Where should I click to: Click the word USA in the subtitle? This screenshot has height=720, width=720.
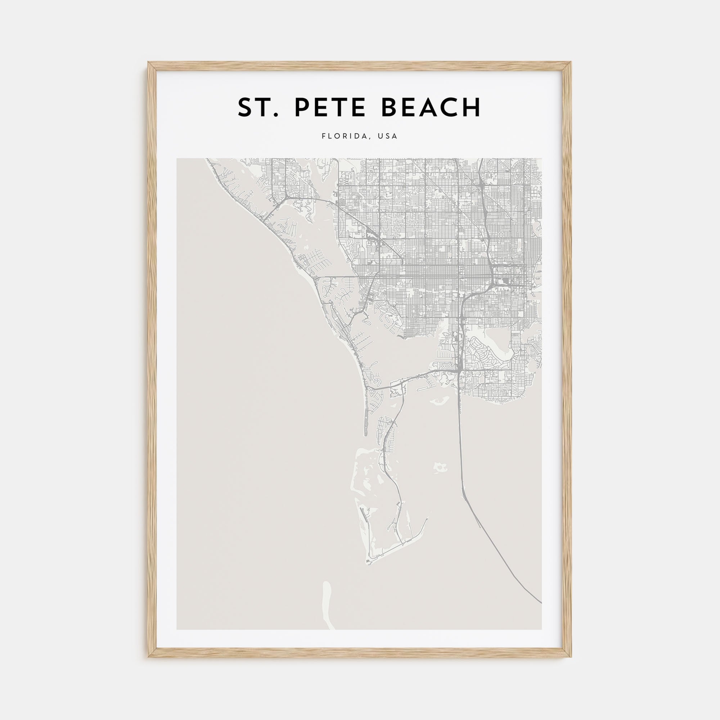coord(388,136)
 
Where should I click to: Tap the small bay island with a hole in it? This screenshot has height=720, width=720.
coord(441,467)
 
